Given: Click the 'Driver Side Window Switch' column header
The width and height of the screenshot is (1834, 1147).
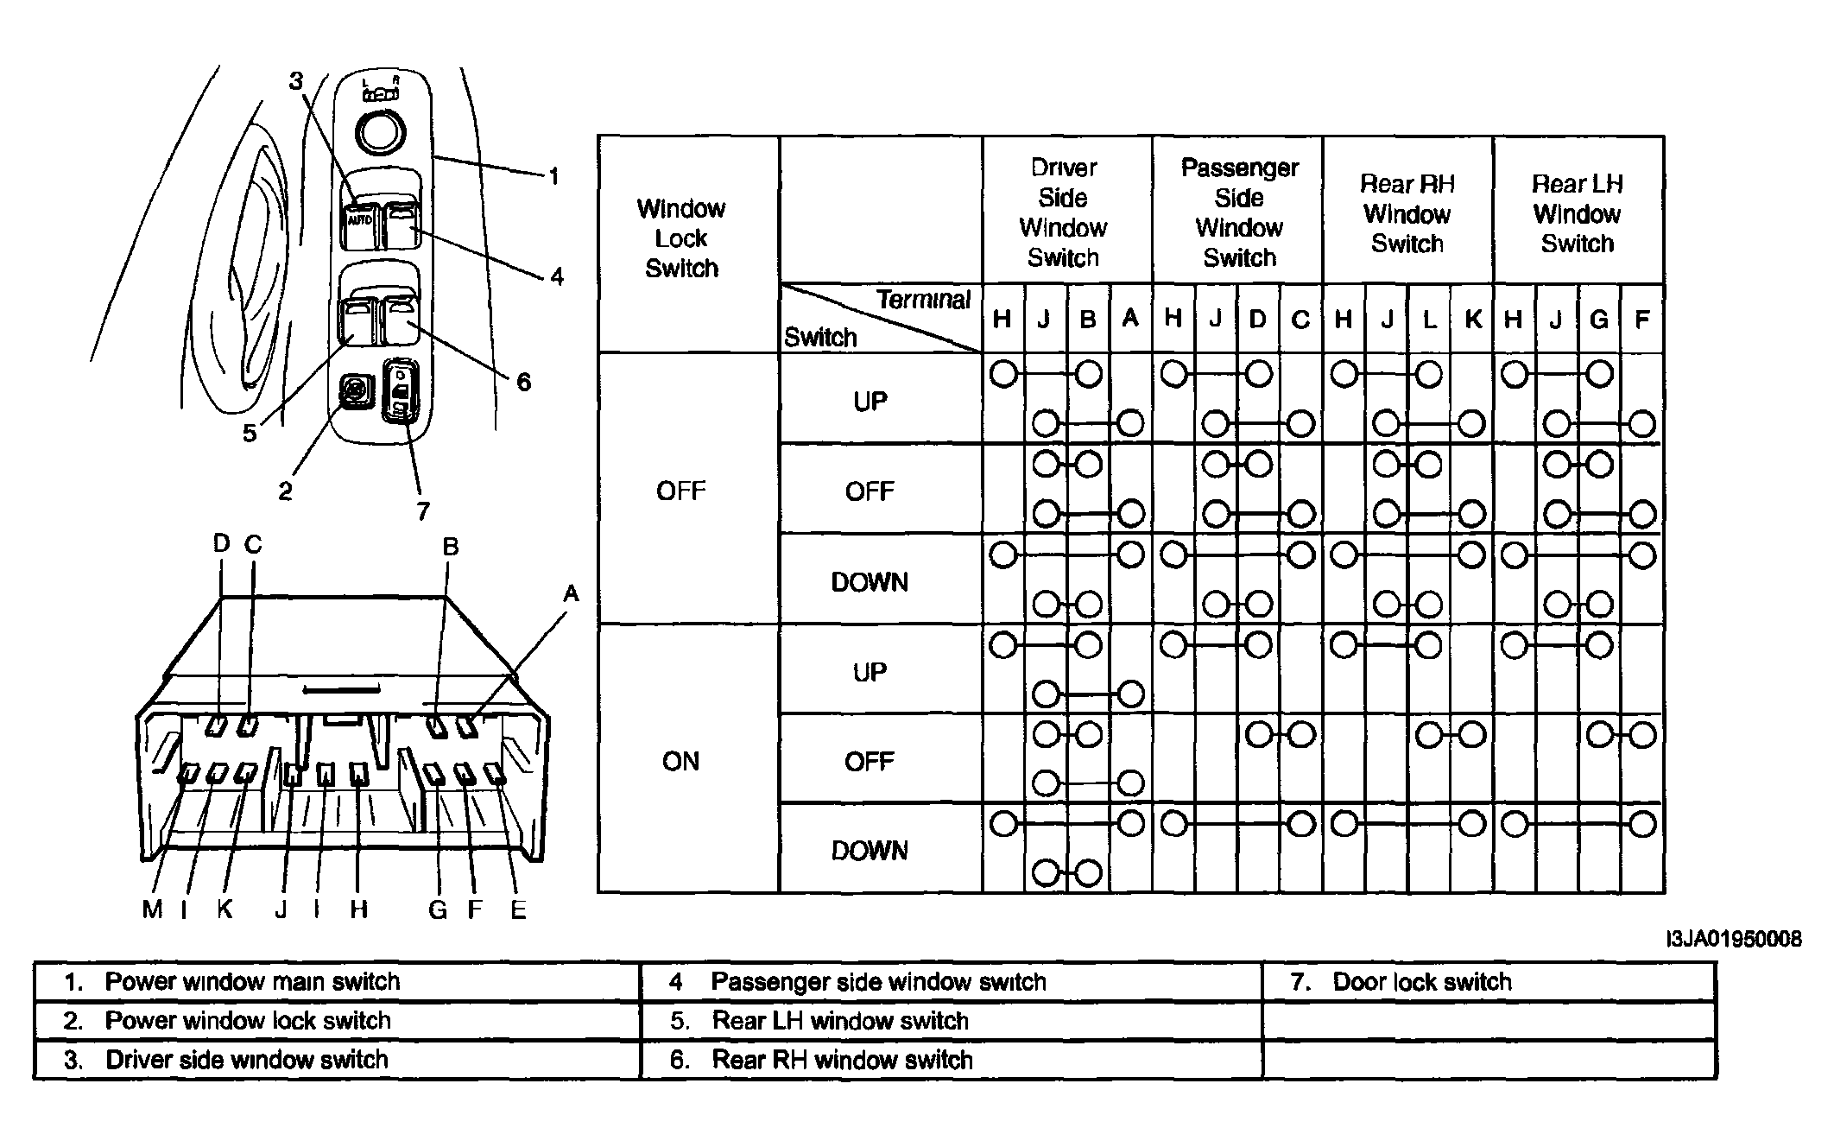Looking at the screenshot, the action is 1063,212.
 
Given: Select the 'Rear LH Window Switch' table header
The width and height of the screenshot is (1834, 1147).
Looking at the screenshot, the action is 1577,213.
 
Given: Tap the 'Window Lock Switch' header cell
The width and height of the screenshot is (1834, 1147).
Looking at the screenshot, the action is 681,238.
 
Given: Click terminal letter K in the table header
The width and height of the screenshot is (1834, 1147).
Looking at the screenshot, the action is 1473,320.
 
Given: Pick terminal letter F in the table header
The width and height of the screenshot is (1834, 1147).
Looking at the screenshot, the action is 1642,320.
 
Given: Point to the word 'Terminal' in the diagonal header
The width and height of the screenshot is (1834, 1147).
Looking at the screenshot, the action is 924,300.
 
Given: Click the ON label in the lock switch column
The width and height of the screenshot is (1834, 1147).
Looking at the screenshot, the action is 680,761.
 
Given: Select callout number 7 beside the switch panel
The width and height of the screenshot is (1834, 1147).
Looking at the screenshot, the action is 423,511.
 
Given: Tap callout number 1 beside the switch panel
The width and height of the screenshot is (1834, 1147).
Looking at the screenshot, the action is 554,176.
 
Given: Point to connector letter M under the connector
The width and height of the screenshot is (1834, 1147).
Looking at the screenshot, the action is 152,909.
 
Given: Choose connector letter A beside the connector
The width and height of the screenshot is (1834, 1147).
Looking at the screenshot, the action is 571,593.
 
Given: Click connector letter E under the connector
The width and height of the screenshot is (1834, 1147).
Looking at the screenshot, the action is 518,909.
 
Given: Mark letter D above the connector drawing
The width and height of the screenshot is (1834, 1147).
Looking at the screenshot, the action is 222,543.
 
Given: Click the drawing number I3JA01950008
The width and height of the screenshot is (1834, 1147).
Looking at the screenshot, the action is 1734,939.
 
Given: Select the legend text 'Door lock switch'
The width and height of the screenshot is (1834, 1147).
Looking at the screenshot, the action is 1422,982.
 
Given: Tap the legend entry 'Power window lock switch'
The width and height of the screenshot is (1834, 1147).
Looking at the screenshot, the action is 248,1021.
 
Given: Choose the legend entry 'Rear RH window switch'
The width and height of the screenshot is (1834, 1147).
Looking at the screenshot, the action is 842,1060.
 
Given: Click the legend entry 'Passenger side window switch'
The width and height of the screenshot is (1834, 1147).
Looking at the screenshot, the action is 878,982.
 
